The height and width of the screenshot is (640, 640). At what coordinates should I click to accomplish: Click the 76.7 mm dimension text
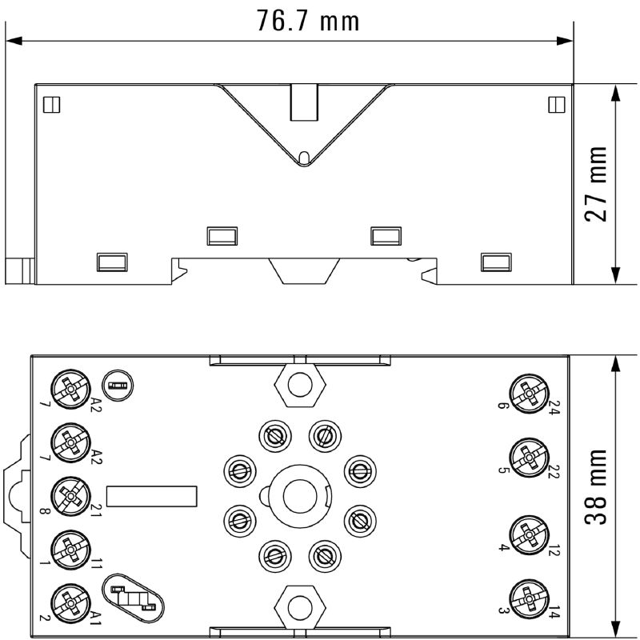[308, 21]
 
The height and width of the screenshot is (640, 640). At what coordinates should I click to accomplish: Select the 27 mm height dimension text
[596, 184]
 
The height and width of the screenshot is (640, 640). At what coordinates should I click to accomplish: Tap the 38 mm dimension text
[596, 486]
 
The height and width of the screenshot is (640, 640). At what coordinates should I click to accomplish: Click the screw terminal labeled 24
[529, 394]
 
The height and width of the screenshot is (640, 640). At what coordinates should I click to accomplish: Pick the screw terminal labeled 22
[529, 458]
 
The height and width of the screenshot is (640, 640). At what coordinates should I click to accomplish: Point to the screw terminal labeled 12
[529, 535]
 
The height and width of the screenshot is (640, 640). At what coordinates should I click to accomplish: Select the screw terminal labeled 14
[529, 598]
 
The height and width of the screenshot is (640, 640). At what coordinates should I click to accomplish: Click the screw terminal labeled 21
[70, 496]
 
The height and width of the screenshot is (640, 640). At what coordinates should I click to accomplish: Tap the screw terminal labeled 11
[70, 550]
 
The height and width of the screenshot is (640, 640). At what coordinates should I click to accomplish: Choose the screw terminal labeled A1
[70, 603]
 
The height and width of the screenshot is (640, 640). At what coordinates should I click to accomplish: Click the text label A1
[95, 618]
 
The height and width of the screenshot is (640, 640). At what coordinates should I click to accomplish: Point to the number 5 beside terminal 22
[504, 470]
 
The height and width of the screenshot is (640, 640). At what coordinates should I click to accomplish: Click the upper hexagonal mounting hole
[300, 384]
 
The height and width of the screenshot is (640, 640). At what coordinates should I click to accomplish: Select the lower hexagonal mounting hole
[300, 607]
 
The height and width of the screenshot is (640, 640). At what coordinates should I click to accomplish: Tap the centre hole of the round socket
[299, 496]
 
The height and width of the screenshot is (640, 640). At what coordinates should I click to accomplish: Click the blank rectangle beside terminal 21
[152, 496]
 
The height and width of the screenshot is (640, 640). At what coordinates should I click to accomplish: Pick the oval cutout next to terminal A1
[133, 598]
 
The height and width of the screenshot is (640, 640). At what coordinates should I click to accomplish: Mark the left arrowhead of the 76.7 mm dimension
[14, 41]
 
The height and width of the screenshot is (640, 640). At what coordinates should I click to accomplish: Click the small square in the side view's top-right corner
[557, 105]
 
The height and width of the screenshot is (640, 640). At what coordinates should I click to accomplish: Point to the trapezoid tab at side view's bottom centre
[304, 271]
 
